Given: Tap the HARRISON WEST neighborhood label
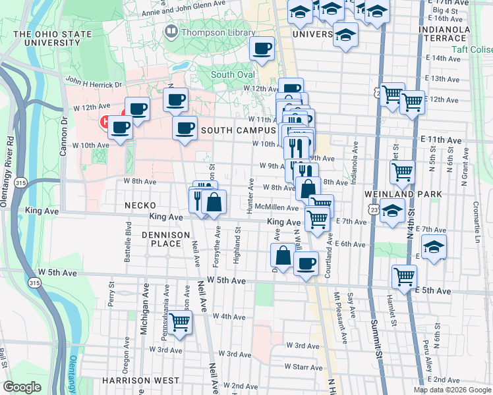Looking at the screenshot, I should pyautogui.click(x=140, y=381).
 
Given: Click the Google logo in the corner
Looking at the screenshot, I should pyautogui.click(x=22, y=386).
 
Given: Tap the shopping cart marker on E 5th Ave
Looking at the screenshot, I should pyautogui.click(x=404, y=276).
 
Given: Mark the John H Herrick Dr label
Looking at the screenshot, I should pyautogui.click(x=94, y=84).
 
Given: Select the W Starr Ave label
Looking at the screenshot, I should pyautogui.click(x=303, y=367).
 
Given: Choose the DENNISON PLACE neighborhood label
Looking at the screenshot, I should pyautogui.click(x=161, y=238).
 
